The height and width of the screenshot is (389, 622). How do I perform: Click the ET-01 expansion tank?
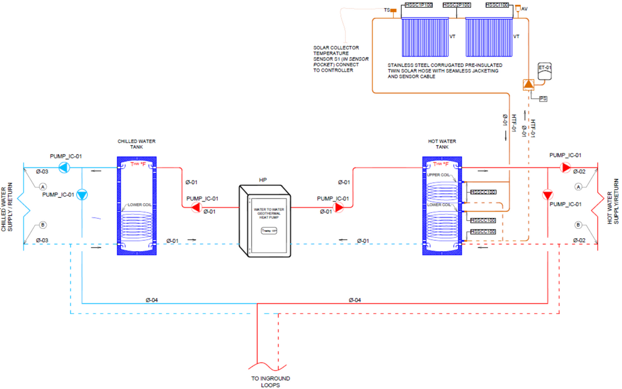pyautogui.click(x=545, y=72)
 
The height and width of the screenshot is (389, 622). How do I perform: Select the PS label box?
pyautogui.click(x=543, y=98)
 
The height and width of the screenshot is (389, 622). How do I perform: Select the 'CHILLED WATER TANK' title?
pyautogui.click(x=136, y=143)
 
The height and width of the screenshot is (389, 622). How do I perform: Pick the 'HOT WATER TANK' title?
pyautogui.click(x=442, y=143)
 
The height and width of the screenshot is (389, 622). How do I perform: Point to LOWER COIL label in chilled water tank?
pyautogui.click(x=136, y=205)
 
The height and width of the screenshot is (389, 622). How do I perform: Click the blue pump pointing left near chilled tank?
pyautogui.click(x=64, y=167)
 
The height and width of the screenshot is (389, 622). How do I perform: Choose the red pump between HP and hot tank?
pyautogui.click(x=338, y=208)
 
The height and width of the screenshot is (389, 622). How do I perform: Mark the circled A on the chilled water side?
pyautogui.click(x=43, y=186)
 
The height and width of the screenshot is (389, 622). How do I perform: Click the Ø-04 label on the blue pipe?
pyautogui.click(x=152, y=300)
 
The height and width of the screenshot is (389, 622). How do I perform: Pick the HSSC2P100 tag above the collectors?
pyautogui.click(x=456, y=5)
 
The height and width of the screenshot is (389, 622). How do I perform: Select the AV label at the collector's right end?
pyautogui.click(x=525, y=9)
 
